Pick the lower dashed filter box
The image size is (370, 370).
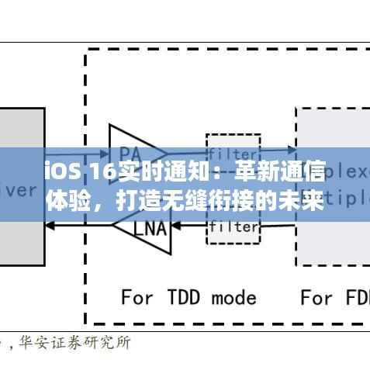[233, 227]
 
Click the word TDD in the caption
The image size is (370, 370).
[185, 297]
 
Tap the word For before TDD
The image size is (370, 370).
[137, 297]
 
